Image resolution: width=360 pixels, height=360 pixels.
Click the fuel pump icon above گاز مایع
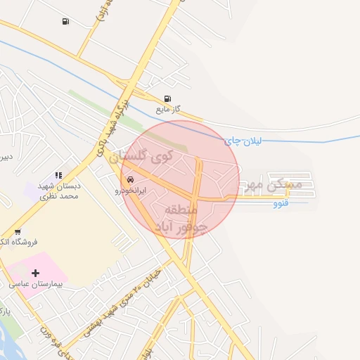167,99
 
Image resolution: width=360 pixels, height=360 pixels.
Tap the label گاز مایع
169,109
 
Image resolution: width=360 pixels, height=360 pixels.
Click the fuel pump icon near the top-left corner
65,21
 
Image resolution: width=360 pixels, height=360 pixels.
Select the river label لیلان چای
243,141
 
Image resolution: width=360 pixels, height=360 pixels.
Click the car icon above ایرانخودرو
130,179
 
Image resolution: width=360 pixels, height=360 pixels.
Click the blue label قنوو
280,203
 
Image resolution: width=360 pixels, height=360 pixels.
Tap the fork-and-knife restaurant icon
58,176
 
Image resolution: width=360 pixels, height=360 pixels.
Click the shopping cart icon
17,231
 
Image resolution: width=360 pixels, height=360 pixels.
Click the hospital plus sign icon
36,272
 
